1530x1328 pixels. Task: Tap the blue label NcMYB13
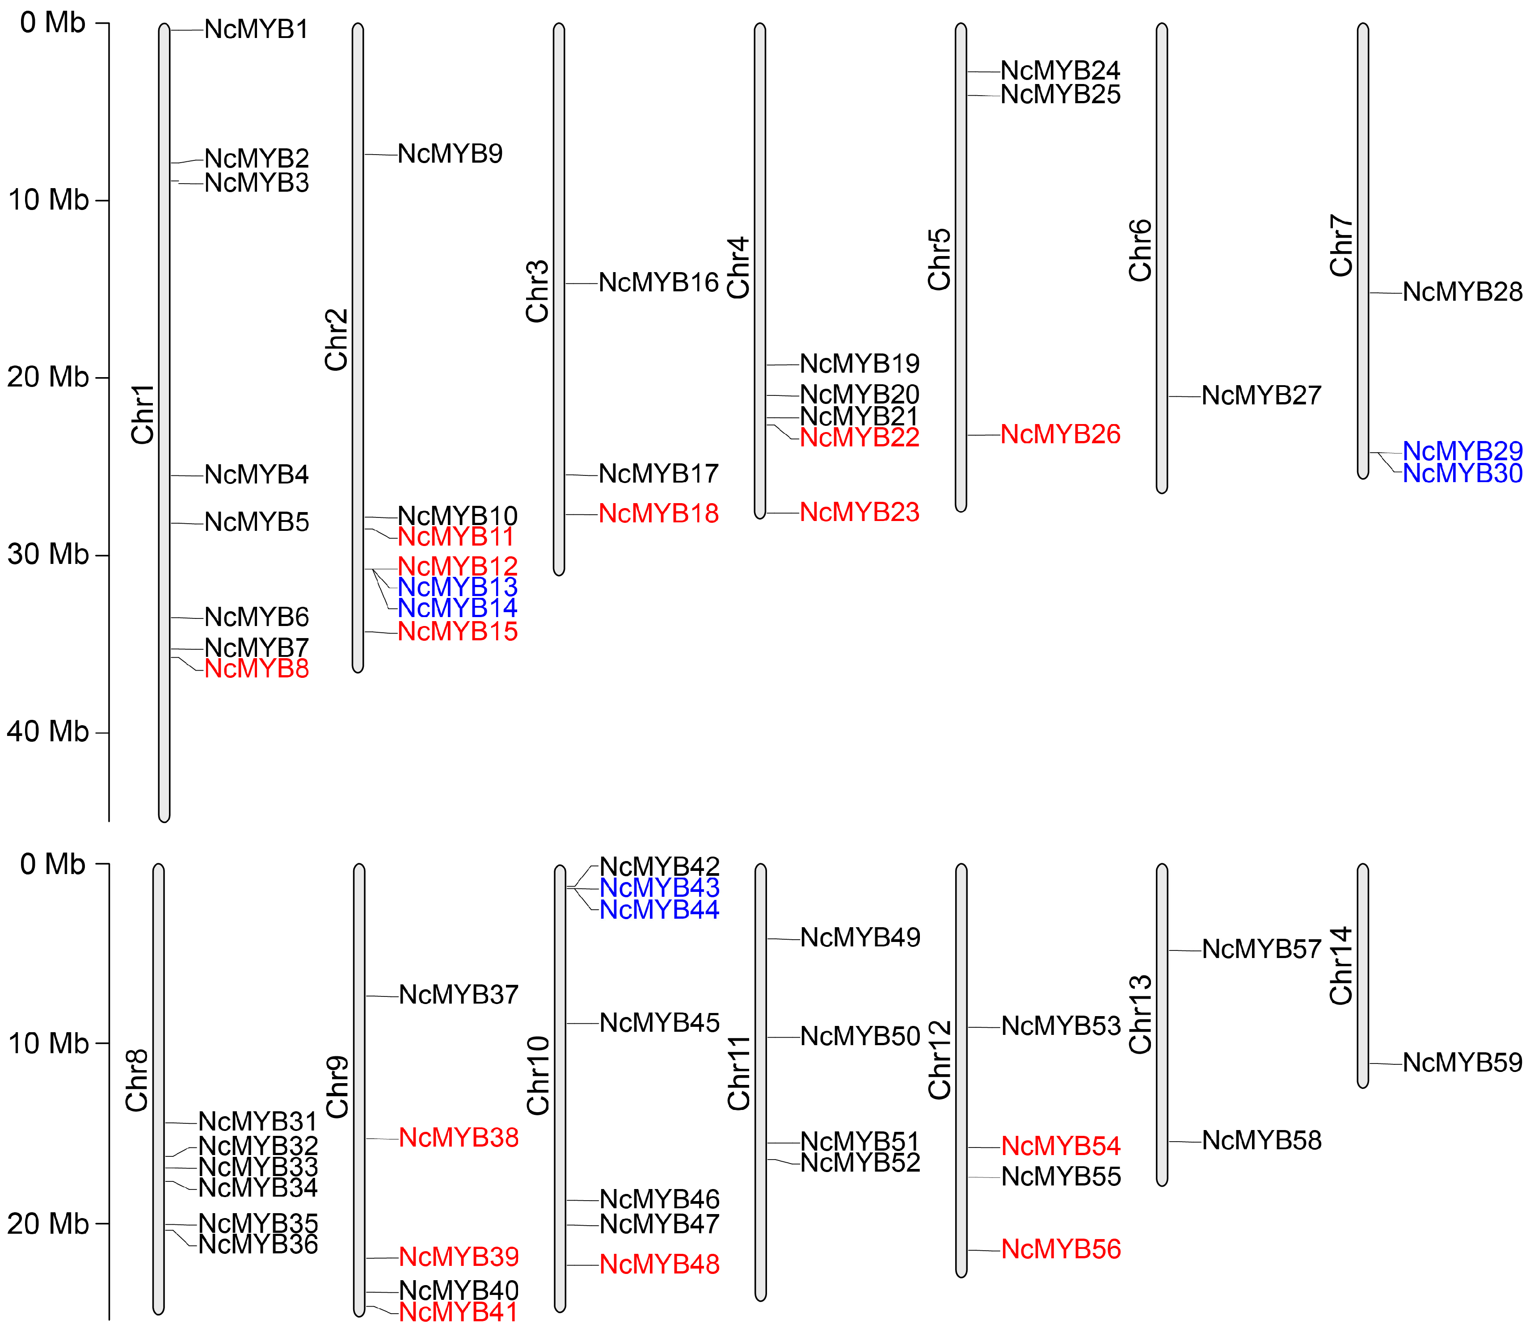(x=457, y=587)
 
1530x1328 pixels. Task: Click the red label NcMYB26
(x=1060, y=434)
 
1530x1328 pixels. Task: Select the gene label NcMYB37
(x=458, y=995)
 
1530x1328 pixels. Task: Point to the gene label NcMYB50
(x=860, y=1036)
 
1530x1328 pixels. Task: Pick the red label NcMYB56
(x=1061, y=1249)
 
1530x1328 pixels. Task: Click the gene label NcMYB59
(x=1463, y=1063)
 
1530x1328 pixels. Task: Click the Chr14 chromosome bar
(x=1362, y=975)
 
